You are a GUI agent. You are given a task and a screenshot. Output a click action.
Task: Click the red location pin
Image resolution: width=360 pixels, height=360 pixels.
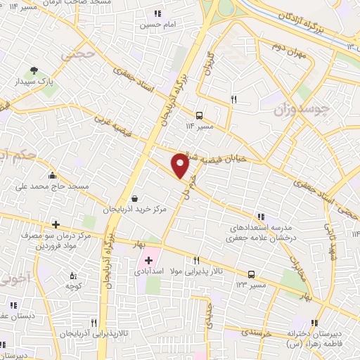[x=180, y=165]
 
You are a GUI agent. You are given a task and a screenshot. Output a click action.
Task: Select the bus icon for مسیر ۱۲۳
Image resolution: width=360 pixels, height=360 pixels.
[x=251, y=275]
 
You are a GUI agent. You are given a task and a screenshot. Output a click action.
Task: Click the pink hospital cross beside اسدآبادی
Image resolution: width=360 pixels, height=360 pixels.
[x=148, y=261]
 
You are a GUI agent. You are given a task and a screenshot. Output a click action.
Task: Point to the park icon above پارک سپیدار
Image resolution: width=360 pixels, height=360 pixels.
[x=34, y=70]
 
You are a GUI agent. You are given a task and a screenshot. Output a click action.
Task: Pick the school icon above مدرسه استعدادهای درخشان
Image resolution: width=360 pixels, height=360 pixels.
[x=261, y=217]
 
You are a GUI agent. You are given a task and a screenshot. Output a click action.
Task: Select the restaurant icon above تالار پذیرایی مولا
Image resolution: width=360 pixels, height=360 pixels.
[x=197, y=259]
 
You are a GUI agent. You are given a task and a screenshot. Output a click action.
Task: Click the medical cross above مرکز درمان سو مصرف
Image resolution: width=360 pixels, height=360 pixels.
[x=55, y=225]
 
